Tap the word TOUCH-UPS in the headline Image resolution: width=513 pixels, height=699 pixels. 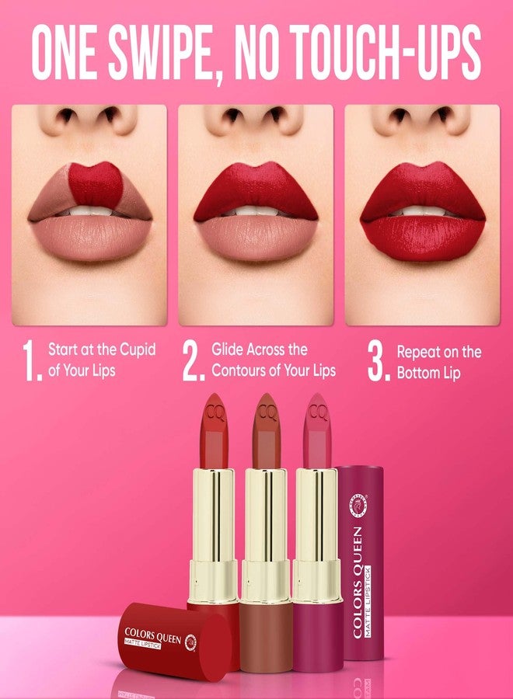point(388,51)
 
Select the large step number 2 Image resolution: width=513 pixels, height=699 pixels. point(193,360)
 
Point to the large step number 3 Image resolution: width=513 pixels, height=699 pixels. point(379,360)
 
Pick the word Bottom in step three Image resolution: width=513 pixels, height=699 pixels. point(416,373)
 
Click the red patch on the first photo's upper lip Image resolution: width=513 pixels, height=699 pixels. point(96,185)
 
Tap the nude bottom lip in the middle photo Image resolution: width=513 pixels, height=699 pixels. point(256,237)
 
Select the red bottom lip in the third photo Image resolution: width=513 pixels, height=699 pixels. point(422,238)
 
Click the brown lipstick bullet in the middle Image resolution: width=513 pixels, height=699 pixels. point(267,430)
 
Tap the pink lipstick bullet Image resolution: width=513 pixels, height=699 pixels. point(317,430)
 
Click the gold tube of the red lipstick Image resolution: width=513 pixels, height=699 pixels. point(214,535)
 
